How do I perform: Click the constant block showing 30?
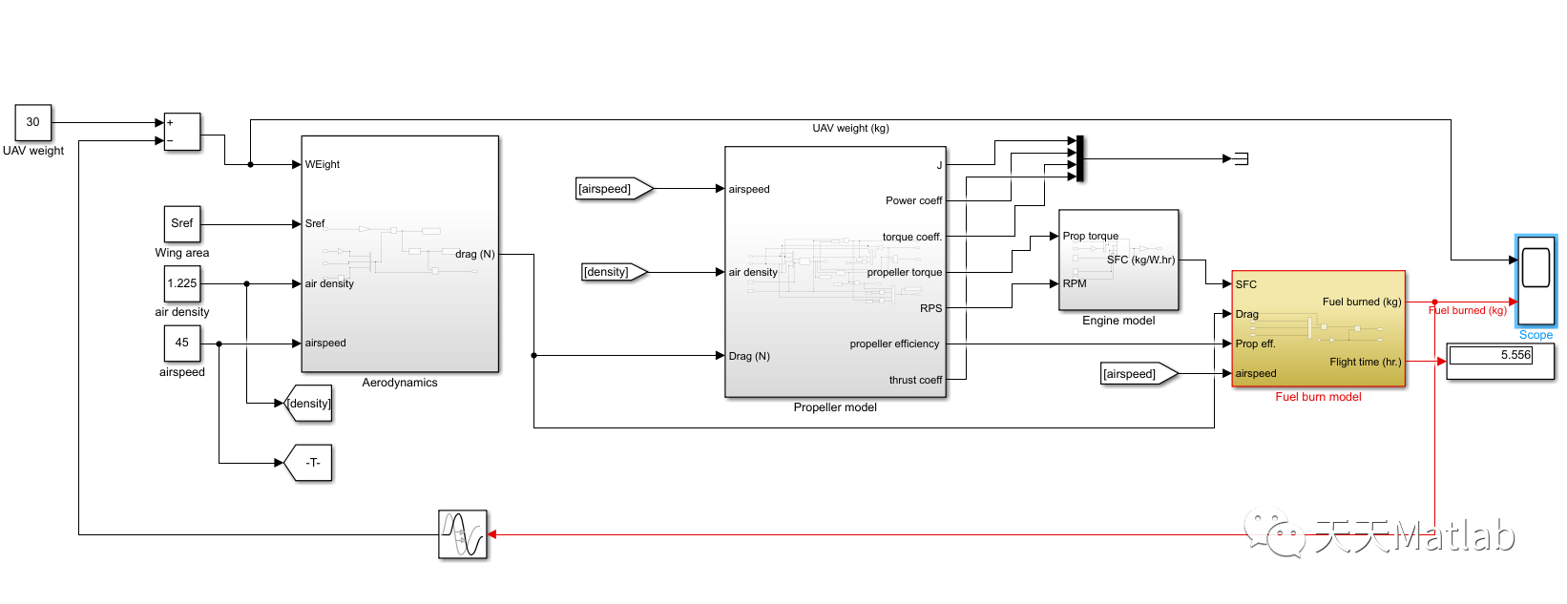32,122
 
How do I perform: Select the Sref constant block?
181,223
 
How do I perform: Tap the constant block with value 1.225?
181,283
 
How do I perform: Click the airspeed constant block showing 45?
181,343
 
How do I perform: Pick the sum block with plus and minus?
182,132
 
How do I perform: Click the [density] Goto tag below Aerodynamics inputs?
308,404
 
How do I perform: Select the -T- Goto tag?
309,463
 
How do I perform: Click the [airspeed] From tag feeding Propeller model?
612,189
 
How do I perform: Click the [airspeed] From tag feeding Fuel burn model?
1137,374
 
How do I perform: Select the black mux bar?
1079,158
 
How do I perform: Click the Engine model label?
1118,321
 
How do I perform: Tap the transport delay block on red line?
463,534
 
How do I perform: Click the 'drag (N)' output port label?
474,254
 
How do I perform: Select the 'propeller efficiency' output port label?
894,344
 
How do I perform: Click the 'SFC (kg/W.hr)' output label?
1140,260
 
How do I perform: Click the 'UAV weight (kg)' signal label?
850,128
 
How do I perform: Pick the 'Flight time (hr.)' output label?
1365,362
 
